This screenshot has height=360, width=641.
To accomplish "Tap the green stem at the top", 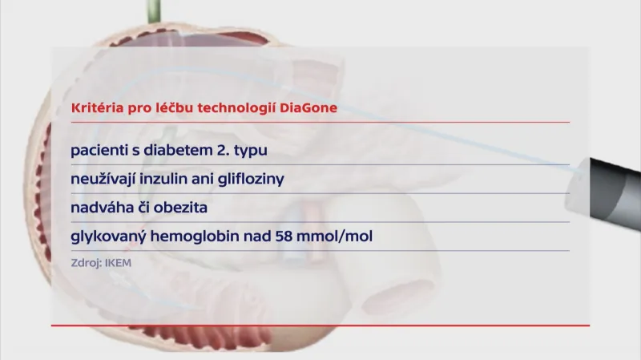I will click(150, 10).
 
